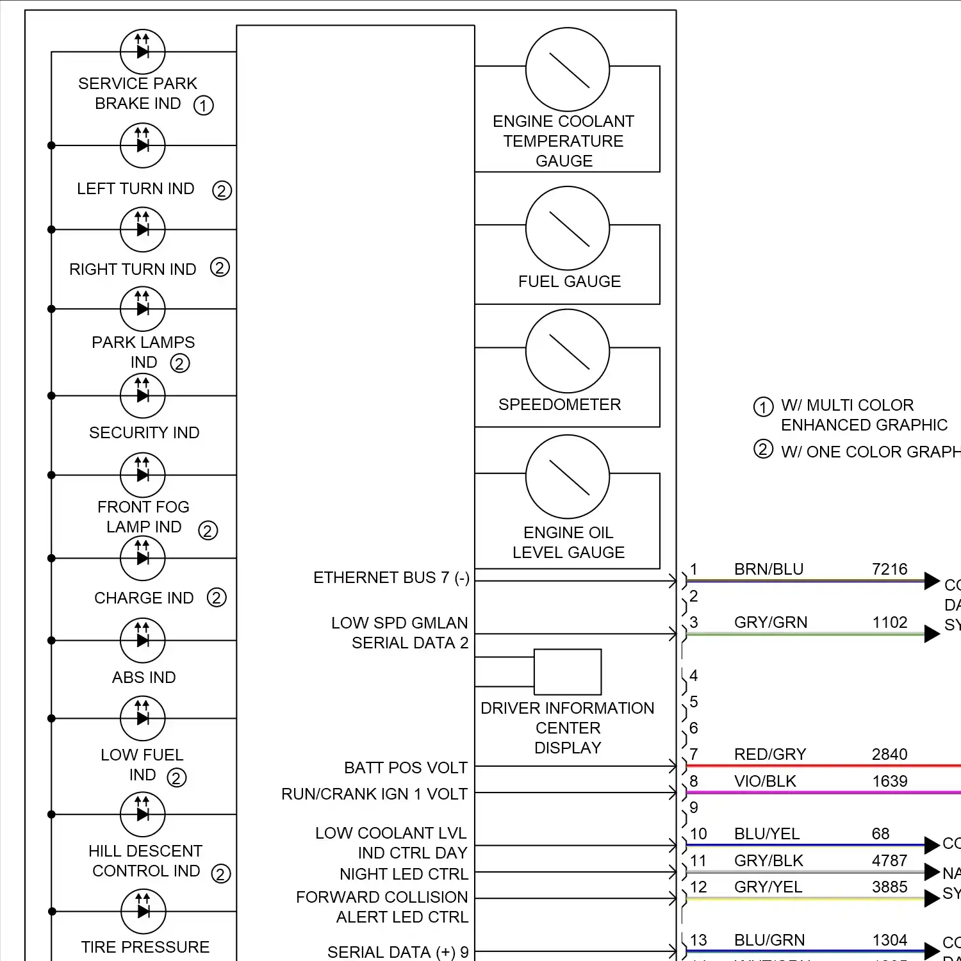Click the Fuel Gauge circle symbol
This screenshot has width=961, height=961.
567,228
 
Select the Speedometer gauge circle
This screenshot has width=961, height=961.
567,351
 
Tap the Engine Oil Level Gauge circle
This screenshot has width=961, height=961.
567,477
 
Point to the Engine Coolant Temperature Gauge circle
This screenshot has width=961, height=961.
567,69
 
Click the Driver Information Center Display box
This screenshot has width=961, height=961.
568,672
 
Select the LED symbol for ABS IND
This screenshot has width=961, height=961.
143,640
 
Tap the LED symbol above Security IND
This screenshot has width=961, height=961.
143,395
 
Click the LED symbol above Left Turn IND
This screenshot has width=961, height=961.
143,145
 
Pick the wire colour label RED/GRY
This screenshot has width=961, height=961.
769,754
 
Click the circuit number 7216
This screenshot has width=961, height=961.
889,569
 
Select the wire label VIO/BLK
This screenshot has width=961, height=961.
765,781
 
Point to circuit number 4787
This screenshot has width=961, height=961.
889,860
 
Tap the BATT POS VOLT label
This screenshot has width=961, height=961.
406,768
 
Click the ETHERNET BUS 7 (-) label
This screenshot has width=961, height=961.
391,578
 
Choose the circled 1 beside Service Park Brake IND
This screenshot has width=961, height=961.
204,105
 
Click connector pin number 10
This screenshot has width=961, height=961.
698,834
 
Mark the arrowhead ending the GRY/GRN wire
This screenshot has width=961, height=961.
932,634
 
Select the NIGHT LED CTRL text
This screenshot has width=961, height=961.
404,874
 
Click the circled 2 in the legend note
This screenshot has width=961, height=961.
763,449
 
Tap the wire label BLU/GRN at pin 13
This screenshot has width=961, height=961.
769,940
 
